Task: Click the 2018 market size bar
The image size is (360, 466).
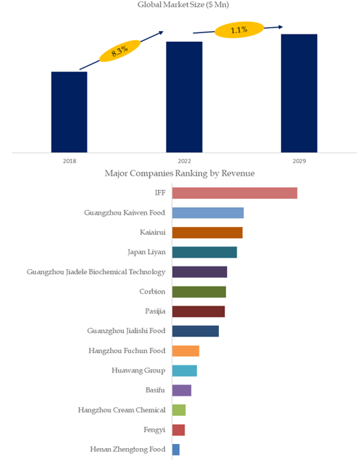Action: click(x=70, y=112)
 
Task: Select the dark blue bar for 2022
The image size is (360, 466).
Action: click(x=184, y=97)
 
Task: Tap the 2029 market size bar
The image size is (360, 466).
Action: click(x=299, y=94)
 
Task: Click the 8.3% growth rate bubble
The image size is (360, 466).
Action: click(x=120, y=51)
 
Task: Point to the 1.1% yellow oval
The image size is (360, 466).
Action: click(x=239, y=30)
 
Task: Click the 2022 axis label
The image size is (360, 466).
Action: click(x=184, y=161)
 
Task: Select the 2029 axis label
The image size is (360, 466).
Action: click(x=299, y=161)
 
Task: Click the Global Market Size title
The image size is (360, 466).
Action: click(x=183, y=5)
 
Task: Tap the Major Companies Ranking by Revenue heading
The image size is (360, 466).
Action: click(x=180, y=173)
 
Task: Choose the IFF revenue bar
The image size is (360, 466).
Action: click(x=235, y=193)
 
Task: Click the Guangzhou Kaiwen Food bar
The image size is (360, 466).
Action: click(x=208, y=213)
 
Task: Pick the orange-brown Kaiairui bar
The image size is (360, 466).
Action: click(x=207, y=233)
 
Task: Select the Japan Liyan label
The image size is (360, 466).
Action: click(x=147, y=253)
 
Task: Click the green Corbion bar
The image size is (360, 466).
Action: click(x=199, y=292)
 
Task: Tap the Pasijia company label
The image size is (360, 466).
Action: click(x=155, y=311)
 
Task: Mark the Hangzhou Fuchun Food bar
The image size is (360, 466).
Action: click(x=185, y=351)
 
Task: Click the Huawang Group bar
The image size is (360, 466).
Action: click(x=184, y=371)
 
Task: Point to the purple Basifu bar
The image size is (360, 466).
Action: click(x=182, y=390)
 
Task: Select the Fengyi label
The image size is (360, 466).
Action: click(x=154, y=430)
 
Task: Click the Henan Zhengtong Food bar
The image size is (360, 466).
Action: click(x=176, y=449)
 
